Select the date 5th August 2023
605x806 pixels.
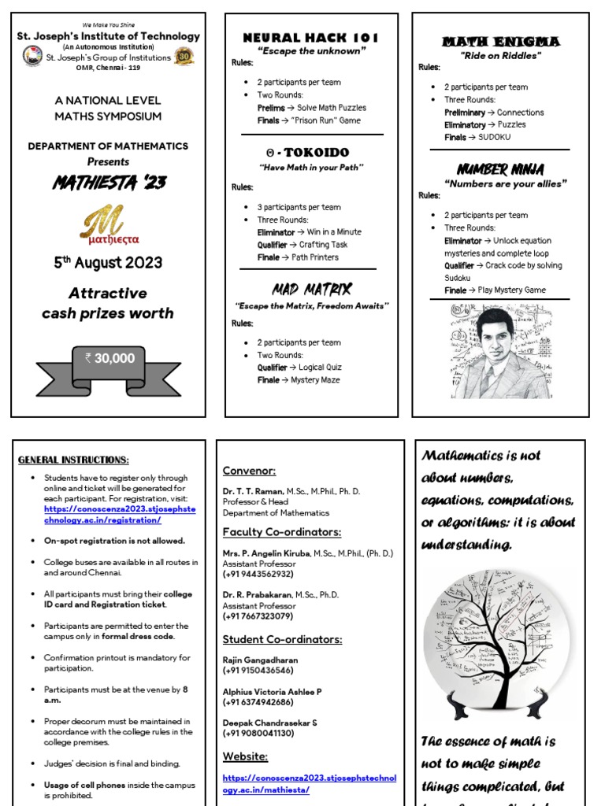pos(108,263)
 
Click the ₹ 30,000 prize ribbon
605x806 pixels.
pos(109,359)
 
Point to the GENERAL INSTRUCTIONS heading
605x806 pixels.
pos(73,460)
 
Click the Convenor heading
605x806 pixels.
pos(249,471)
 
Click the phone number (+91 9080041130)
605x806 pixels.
pos(258,733)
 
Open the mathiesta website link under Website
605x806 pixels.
pos(309,784)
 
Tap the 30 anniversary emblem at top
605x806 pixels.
pos(184,57)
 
